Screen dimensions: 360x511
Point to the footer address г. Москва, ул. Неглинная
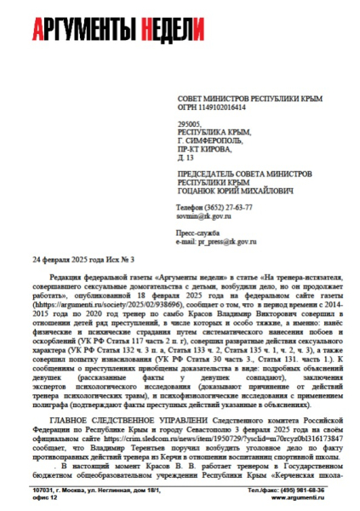tap(89, 491)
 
